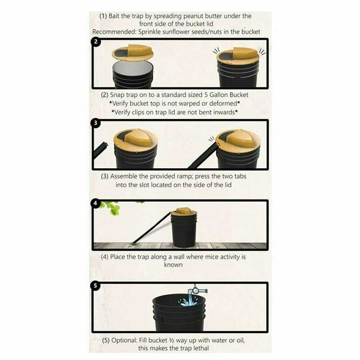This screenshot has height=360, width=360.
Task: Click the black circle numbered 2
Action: coord(96,42)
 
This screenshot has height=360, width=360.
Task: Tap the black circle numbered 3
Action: coord(96,123)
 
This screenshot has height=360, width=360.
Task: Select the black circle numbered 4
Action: coord(96,203)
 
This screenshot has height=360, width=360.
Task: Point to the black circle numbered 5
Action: coord(96,285)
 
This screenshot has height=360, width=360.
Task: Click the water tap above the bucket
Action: coord(197,291)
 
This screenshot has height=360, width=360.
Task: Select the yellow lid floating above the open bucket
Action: coord(133,52)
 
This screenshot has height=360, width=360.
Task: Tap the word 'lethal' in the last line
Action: coord(201,348)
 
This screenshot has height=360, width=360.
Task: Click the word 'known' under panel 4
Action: coord(173,265)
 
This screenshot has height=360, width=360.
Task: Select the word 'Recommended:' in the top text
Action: coord(114,32)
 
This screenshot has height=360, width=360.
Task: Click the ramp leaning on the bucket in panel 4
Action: coord(152,227)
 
